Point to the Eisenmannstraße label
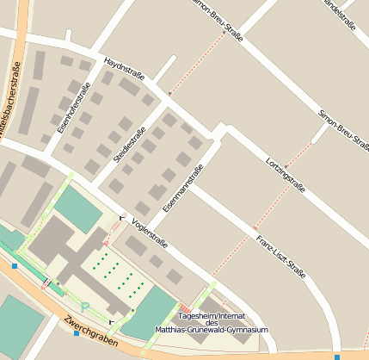pyautogui.click(x=183, y=188)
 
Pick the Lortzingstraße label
pyautogui.click(x=286, y=169)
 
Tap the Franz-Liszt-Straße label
pyautogui.click(x=280, y=255)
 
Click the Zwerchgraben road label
pyautogui.click(x=89, y=332)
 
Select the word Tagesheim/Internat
pyautogui.click(x=212, y=315)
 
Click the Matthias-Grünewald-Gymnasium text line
pyautogui.click(x=212, y=330)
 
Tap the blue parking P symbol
pyautogui.click(x=84, y=307)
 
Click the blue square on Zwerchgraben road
pyautogui.click(x=77, y=333)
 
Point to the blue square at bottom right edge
pyautogui.click(x=337, y=356)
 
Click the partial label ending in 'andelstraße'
pyautogui.click(x=340, y=9)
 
